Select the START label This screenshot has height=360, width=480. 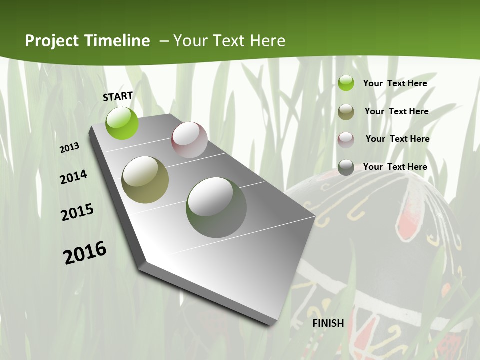click(118, 96)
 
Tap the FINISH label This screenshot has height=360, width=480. click(328, 323)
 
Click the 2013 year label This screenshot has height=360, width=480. click(70, 148)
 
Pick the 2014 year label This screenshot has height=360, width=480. click(74, 177)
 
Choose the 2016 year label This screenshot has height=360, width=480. click(85, 253)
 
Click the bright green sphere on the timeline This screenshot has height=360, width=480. click(122, 123)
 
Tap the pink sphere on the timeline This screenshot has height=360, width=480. click(189, 140)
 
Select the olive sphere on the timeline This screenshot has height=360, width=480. click(145, 180)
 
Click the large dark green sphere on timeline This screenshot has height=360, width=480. click(216, 207)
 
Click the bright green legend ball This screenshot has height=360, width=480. click(346, 83)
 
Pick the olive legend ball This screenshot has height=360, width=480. click(346, 112)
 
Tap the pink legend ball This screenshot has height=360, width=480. click(346, 140)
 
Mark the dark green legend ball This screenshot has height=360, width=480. click(346, 167)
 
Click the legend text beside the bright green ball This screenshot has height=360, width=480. click(395, 83)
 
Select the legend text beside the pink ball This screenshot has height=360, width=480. click(398, 139)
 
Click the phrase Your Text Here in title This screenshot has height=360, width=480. click(229, 41)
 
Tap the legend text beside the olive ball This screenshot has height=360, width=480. click(397, 111)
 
